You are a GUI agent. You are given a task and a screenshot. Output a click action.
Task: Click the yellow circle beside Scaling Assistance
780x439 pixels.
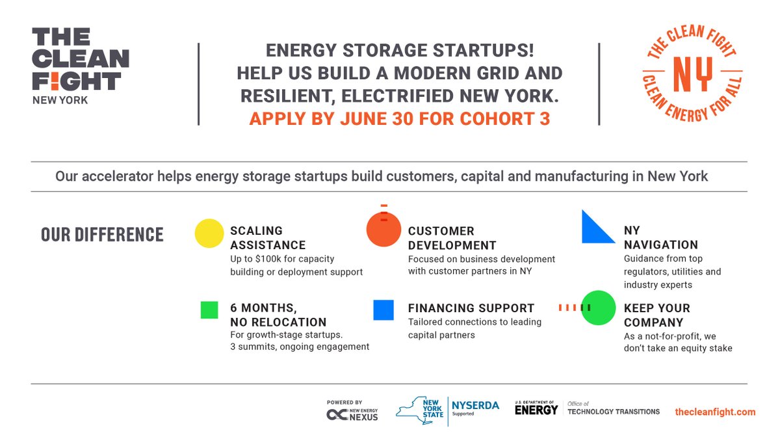[209, 233]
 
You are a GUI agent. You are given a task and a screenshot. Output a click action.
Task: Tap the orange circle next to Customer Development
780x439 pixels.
[383, 232]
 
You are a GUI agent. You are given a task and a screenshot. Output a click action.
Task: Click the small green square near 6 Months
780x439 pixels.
[209, 310]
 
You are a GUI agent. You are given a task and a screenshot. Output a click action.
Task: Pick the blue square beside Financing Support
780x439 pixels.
[383, 310]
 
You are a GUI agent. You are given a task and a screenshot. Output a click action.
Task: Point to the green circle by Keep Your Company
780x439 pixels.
[598, 308]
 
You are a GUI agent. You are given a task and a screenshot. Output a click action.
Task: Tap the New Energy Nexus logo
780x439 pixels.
[352, 411]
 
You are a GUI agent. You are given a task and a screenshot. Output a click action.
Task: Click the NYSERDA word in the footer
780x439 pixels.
[475, 406]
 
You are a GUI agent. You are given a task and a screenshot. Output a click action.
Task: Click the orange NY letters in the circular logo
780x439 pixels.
[692, 74]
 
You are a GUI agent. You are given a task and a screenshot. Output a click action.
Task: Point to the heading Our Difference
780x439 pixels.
[102, 234]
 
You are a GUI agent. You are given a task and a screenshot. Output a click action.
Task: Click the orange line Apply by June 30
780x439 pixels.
[399, 120]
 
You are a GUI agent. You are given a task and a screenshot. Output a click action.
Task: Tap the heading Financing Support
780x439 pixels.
[471, 308]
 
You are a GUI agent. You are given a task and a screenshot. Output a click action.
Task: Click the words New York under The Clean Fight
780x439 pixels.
[60, 100]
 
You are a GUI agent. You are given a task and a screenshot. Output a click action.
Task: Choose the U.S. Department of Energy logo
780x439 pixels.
[536, 408]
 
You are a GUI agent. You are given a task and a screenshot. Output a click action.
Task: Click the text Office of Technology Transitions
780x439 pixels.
[614, 408]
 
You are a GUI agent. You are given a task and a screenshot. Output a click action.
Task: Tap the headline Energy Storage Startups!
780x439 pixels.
[399, 51]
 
